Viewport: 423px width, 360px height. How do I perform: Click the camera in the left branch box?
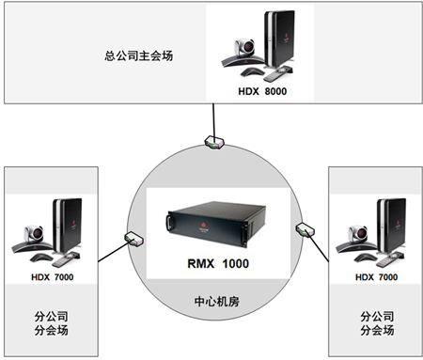pos(34,235)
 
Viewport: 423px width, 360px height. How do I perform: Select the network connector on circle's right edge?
pos(304,227)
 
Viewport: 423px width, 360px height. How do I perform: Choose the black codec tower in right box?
pos(396,224)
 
